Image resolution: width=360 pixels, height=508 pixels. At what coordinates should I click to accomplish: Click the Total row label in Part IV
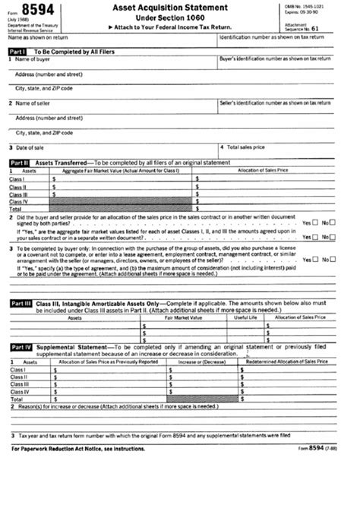pyautogui.click(x=17, y=399)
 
